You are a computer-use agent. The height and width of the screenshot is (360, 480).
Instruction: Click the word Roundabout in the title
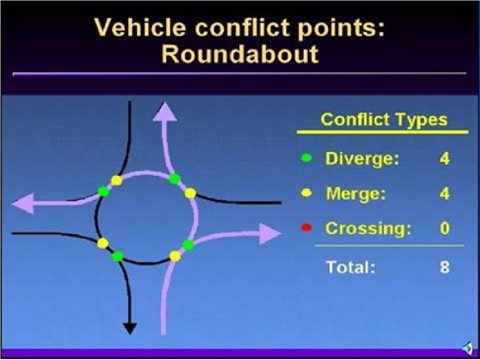coord(240,54)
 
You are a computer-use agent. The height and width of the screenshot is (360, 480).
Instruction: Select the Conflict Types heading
coord(383,120)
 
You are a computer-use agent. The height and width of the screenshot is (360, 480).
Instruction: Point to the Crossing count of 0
coord(444,229)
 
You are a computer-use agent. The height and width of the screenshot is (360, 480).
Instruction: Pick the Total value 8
coord(444,267)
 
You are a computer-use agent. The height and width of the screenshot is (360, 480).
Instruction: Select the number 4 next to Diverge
coord(444,158)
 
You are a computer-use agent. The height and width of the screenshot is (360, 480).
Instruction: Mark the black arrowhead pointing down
coord(129,328)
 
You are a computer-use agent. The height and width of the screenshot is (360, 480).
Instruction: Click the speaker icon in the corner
coord(467,348)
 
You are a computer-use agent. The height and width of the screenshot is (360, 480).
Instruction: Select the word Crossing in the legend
coord(368,229)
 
